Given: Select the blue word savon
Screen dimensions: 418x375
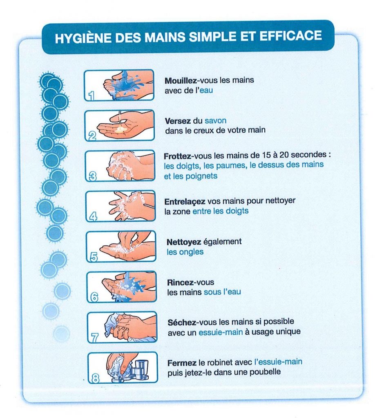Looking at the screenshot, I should click(x=216, y=121).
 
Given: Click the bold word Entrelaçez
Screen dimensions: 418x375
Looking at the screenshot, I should click(x=185, y=202).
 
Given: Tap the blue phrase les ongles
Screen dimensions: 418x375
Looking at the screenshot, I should click(x=185, y=252).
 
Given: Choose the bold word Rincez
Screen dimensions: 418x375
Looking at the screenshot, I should click(x=180, y=282).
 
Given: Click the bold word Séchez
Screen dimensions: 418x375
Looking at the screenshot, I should click(x=181, y=322).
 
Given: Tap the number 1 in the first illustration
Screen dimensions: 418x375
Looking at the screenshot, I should click(x=92, y=96).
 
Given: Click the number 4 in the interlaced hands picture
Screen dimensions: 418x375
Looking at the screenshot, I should click(x=93, y=216).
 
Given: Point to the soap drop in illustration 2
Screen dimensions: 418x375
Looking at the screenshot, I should click(x=120, y=129).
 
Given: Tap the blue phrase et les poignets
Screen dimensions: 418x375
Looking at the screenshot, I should click(x=191, y=176).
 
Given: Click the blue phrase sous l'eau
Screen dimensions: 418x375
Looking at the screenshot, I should click(x=222, y=292).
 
